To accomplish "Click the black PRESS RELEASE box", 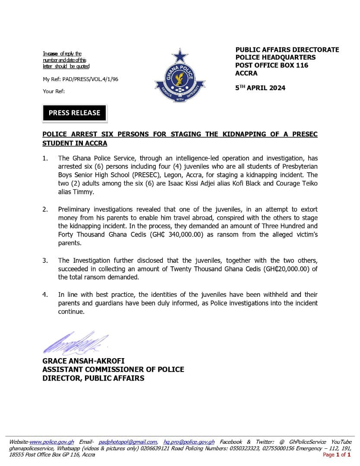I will pyautogui.click(x=74, y=113).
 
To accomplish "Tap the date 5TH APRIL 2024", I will pyautogui.click(x=260, y=88).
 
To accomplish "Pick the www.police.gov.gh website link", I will pyautogui.click(x=52, y=442).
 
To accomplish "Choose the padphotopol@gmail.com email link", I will pyautogui.click(x=128, y=442).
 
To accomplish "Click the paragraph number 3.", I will pyautogui.click(x=45, y=260).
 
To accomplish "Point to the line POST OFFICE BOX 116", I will pyautogui.click(x=272, y=65).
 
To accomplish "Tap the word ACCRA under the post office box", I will pyautogui.click(x=246, y=73).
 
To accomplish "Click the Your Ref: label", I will pyautogui.click(x=54, y=91).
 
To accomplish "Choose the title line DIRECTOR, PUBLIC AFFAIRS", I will pyautogui.click(x=93, y=378).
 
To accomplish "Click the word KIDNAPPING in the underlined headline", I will pyautogui.click(x=242, y=134).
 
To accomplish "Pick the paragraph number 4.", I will pyautogui.click(x=45, y=295).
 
